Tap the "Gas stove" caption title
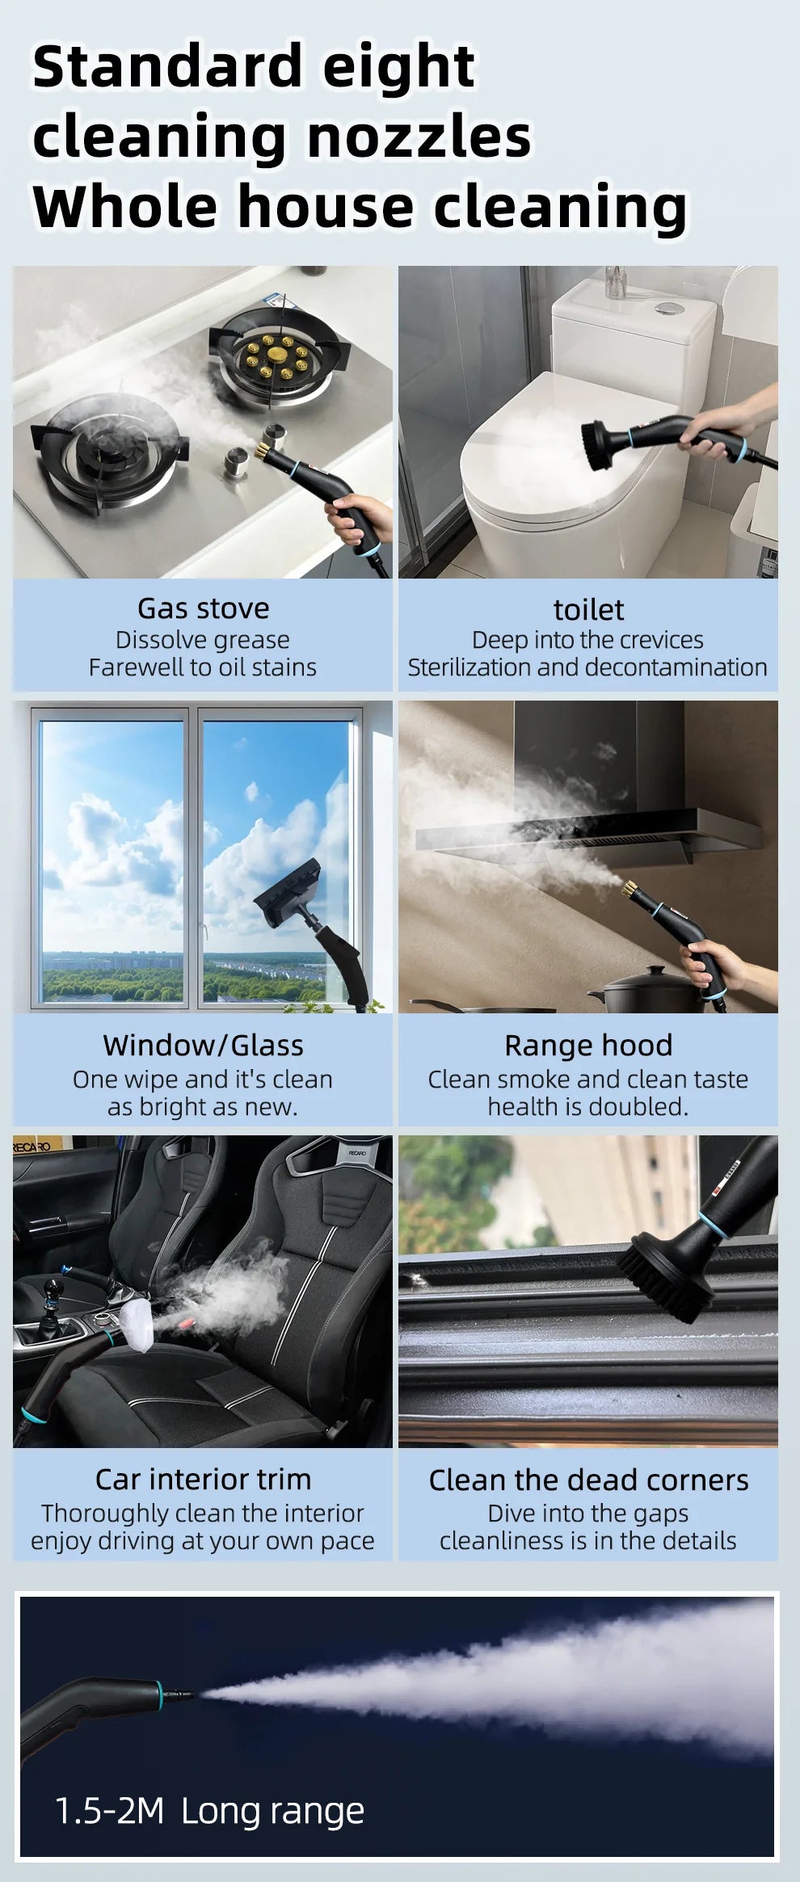[x=203, y=608]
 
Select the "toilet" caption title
[x=588, y=609]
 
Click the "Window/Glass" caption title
[x=203, y=1045]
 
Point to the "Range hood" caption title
[x=588, y=1045]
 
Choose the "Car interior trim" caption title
[x=203, y=1479]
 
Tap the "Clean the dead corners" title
[x=588, y=1480]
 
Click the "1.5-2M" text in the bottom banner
[x=109, y=1811]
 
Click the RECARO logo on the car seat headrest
[x=356, y=1153]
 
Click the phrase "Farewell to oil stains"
[x=203, y=667]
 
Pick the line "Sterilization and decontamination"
[x=587, y=667]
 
